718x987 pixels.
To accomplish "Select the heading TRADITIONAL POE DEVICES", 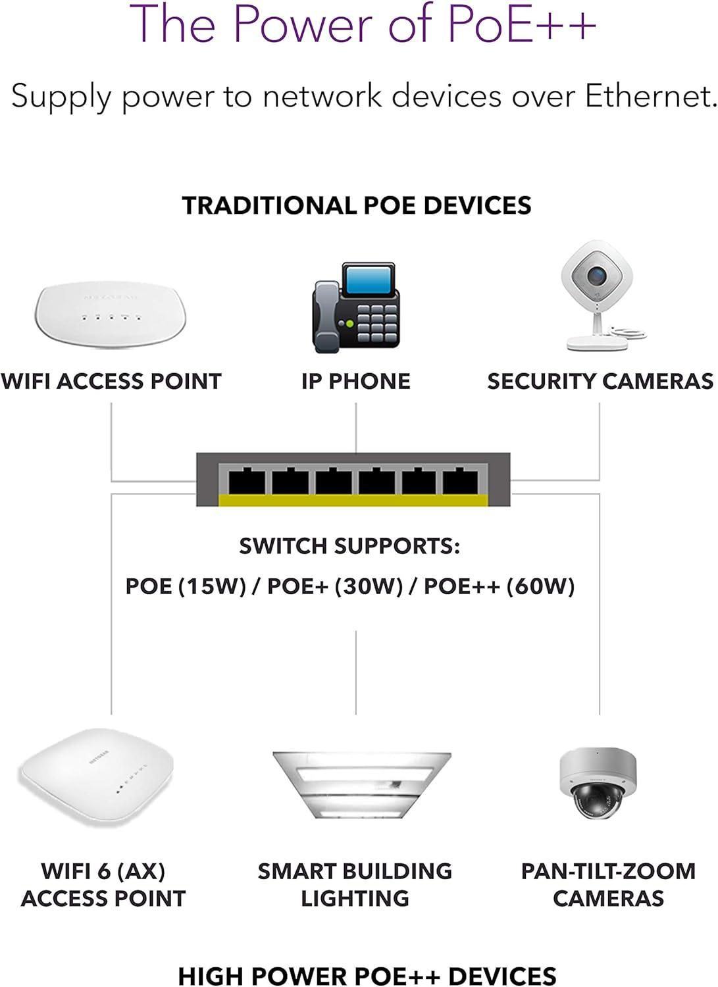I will [357, 205].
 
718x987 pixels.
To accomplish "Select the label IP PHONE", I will [355, 381].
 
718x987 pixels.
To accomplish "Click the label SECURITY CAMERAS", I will [600, 381].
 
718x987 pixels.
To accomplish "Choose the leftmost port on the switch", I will [246, 482].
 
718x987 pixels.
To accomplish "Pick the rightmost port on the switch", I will [460, 482].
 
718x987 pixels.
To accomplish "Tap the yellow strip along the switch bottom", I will [353, 501].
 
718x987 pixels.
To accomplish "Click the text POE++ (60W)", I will [499, 586].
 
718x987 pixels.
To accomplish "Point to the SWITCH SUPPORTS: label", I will [349, 546].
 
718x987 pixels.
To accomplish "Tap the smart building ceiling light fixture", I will [361, 784].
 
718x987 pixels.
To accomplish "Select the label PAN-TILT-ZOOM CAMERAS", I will [608, 884].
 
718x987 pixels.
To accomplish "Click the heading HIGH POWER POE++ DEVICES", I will [367, 975].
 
